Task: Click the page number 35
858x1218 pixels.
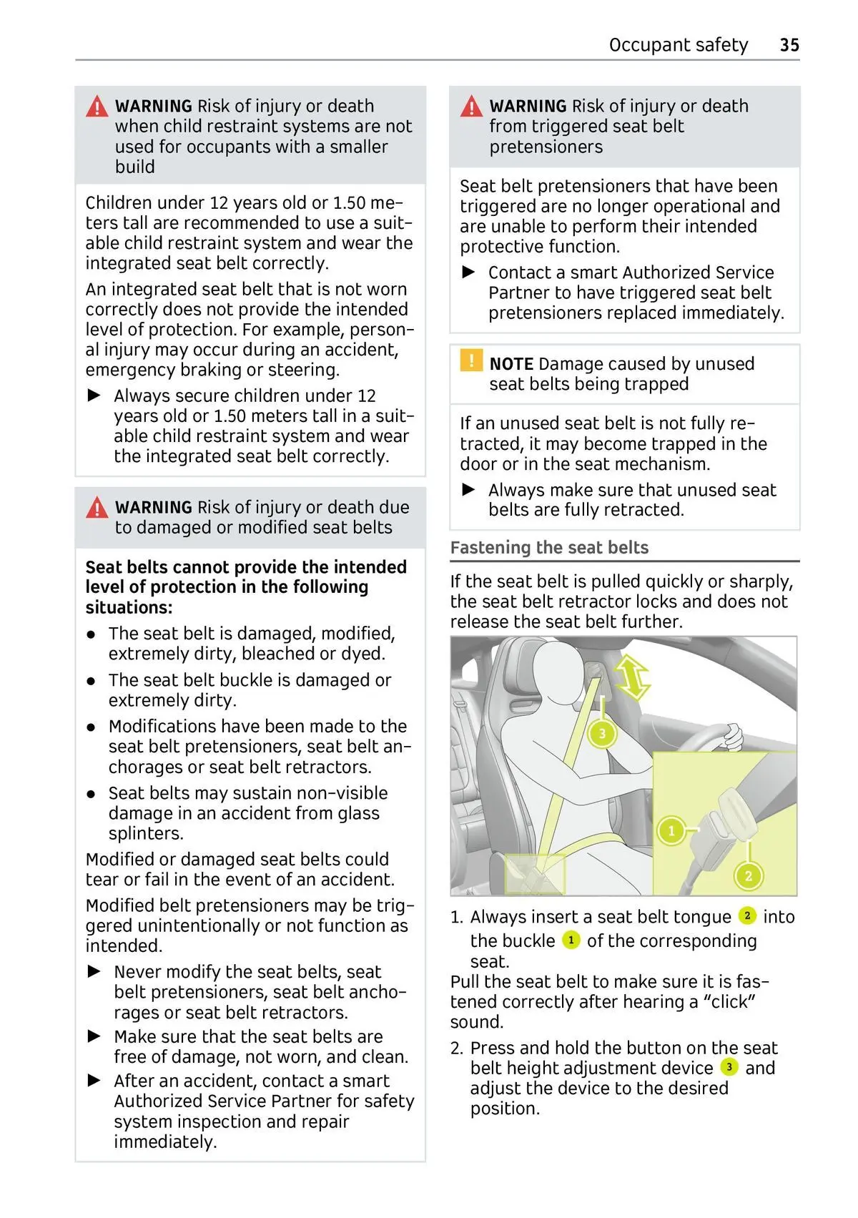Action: coord(789,45)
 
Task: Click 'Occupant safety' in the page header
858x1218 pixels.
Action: coord(678,45)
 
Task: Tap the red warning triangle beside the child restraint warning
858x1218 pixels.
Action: coord(97,107)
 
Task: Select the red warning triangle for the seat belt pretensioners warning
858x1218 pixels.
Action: coord(471,107)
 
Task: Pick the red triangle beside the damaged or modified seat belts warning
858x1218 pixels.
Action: coord(97,508)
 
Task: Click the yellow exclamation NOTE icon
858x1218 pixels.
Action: coord(471,360)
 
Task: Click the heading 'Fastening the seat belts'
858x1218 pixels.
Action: coord(549,548)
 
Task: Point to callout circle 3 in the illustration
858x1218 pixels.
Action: coord(602,734)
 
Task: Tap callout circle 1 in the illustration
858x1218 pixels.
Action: coord(671,831)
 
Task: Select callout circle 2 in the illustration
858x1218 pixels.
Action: coord(749,875)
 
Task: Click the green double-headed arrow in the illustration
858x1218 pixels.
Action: coord(632,677)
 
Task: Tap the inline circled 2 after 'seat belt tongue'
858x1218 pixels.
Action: coord(746,915)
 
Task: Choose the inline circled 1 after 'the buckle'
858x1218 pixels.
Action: coord(571,940)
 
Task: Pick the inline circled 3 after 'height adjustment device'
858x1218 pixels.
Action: coord(729,1067)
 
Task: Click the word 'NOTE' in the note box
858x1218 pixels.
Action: coord(511,364)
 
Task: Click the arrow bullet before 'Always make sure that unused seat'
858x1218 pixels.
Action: coord(469,490)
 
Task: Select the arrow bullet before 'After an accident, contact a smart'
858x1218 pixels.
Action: coord(94,1081)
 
